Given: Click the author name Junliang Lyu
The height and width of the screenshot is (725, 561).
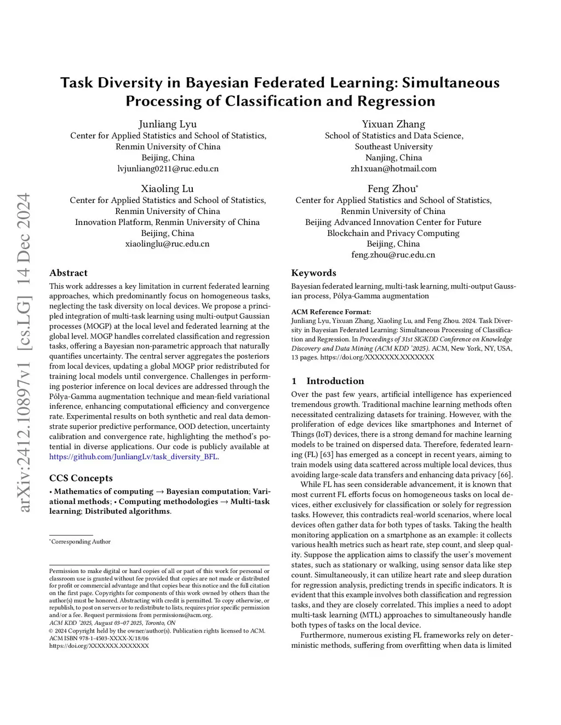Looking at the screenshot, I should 168,124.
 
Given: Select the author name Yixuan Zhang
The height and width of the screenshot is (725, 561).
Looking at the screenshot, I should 393,124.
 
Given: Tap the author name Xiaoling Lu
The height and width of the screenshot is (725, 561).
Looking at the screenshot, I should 168,189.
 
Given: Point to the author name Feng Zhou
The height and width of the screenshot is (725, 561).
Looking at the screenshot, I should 392,189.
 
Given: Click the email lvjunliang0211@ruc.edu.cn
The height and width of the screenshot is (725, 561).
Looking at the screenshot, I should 168,169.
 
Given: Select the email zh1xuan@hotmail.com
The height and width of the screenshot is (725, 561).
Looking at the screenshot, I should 393,169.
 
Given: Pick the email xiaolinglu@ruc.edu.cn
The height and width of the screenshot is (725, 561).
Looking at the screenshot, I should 168,244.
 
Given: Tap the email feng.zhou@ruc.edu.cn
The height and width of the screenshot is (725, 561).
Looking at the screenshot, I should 393,255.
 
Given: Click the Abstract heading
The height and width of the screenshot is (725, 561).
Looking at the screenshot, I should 68,273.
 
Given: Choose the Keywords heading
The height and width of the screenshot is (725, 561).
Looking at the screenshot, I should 313,273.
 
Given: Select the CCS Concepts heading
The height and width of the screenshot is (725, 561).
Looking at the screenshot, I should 81,478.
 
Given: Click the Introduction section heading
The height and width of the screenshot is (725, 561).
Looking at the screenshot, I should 335,381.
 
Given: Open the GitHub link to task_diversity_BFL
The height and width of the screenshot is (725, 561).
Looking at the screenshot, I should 134,457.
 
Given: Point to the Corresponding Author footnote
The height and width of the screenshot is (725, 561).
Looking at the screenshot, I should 81,542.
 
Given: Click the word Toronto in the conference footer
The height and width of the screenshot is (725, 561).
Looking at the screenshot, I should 154,623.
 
